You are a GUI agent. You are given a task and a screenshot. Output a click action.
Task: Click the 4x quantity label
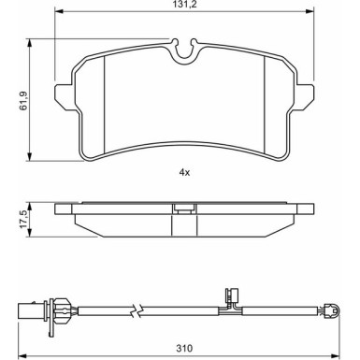184,173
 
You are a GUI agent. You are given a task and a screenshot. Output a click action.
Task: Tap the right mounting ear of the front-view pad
310,94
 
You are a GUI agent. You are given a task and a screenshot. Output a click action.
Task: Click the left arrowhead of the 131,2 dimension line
59,15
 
